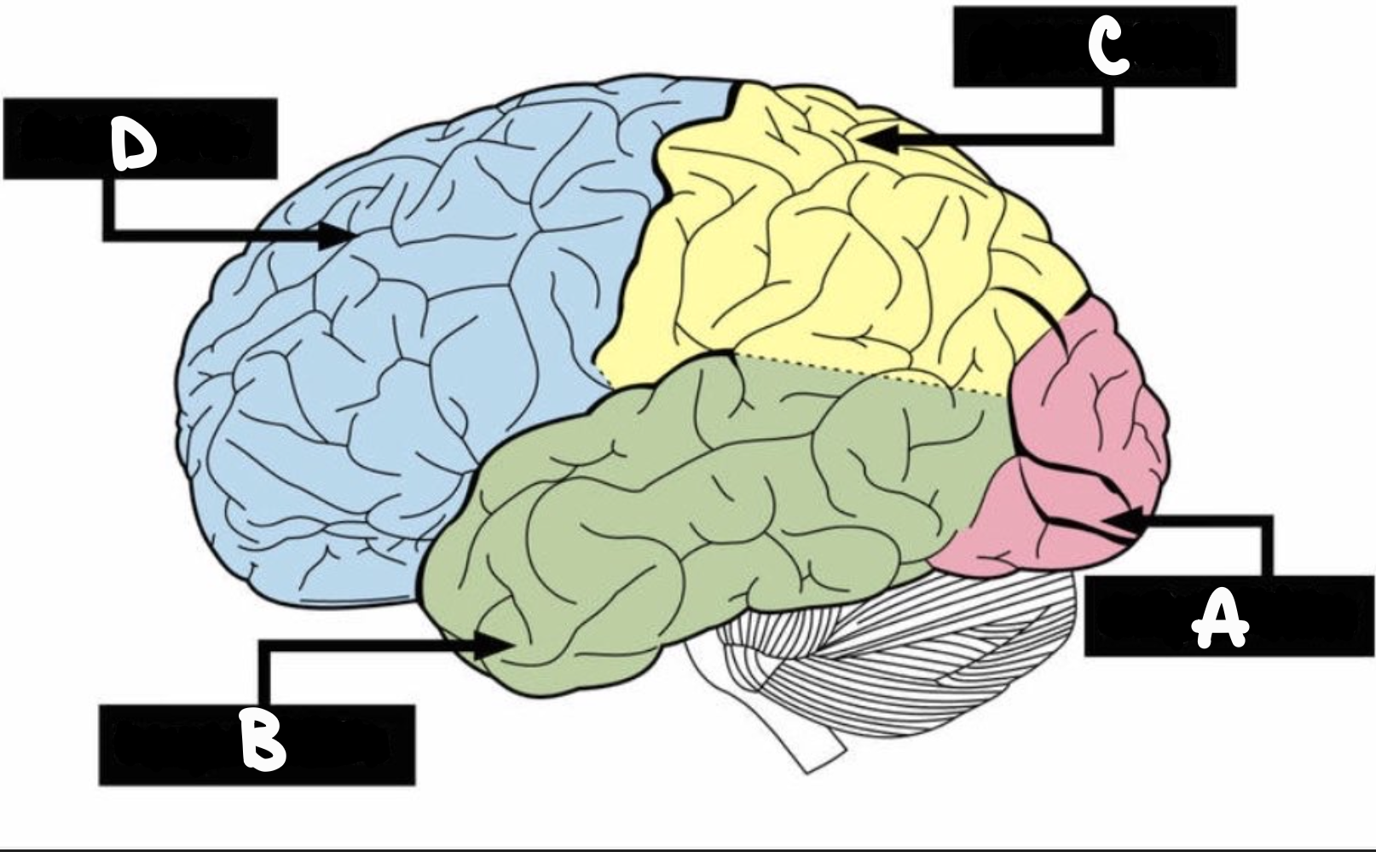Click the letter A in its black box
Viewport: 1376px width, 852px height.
[1220, 619]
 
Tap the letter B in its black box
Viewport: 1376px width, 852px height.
[263, 740]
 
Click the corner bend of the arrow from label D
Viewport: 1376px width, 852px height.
[109, 234]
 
